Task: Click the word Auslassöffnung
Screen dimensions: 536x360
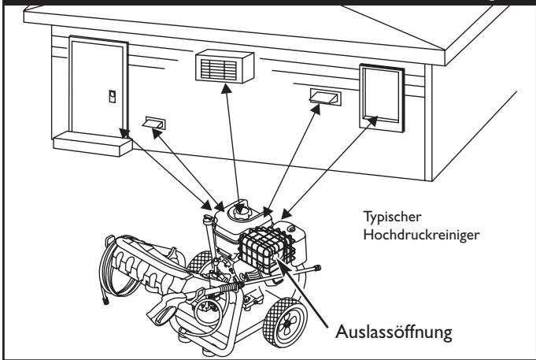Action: [x=394, y=332]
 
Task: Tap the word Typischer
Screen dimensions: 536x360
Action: [x=392, y=217]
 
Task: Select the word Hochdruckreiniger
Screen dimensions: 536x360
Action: [x=421, y=235]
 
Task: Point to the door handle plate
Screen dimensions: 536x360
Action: [x=112, y=96]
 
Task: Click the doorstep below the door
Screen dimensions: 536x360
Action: [x=93, y=143]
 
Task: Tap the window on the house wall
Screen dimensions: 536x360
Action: [x=382, y=98]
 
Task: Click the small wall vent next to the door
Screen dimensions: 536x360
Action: [x=154, y=123]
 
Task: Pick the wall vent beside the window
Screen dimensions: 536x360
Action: [x=325, y=97]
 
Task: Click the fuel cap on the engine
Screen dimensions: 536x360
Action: [x=239, y=210]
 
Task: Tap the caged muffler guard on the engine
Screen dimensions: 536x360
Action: [x=266, y=250]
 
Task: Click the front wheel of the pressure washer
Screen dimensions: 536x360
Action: [x=285, y=322]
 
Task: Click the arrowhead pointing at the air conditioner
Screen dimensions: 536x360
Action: [x=226, y=89]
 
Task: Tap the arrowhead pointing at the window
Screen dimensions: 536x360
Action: [x=372, y=121]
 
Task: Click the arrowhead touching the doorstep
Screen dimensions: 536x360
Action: [x=125, y=133]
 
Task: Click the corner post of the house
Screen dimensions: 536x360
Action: [x=428, y=122]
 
